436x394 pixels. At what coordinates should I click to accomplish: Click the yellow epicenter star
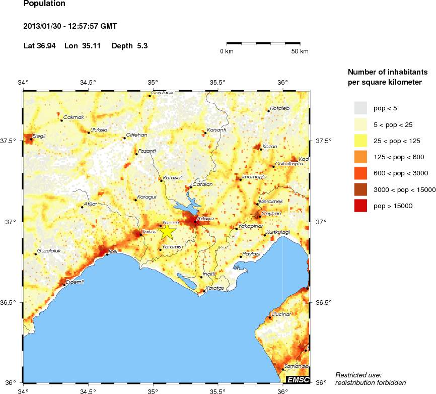point(167,231)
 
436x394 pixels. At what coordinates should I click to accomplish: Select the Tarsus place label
point(150,231)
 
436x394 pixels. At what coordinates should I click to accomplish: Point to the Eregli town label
point(39,136)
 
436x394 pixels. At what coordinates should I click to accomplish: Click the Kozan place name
point(270,147)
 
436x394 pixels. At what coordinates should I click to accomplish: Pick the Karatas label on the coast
point(214,288)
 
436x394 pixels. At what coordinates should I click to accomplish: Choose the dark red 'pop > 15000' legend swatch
point(360,206)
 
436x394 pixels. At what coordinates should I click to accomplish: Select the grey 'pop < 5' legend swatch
point(360,108)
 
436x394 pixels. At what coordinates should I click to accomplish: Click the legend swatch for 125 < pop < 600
point(360,157)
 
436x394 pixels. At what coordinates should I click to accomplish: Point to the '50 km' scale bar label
point(300,51)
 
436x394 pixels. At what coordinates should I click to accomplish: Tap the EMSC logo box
point(298,379)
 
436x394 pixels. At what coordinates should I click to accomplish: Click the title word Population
point(44,4)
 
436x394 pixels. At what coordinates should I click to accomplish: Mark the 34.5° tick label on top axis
point(88,82)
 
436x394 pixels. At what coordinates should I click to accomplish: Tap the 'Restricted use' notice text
point(358,375)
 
